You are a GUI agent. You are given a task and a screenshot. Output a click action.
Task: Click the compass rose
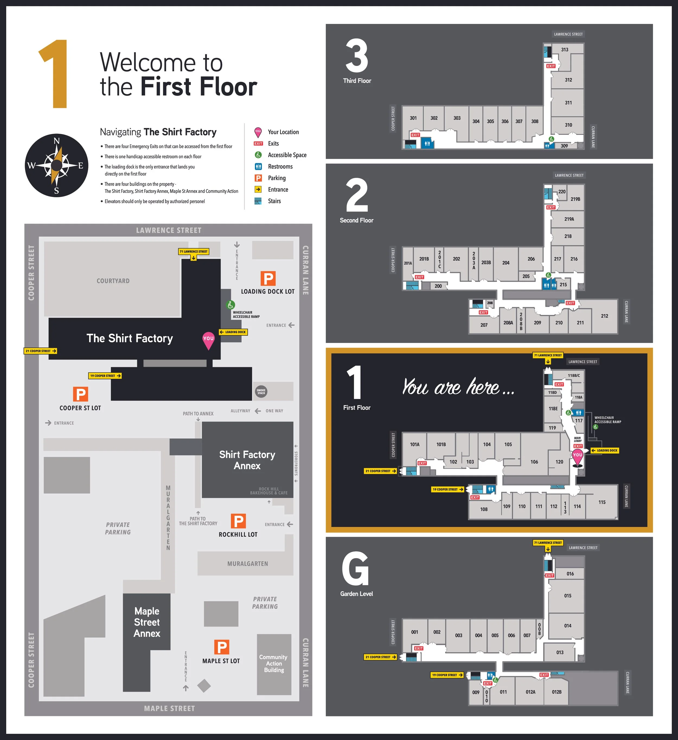coord(56,166)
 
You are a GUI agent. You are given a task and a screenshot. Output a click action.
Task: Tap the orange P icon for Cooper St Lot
coord(80,394)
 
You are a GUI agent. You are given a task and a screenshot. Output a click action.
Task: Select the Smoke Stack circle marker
coord(261,392)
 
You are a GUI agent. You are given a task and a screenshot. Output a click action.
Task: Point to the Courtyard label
coord(113,281)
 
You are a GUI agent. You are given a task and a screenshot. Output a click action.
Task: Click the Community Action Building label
coord(274,663)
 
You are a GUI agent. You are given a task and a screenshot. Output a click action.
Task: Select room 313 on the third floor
coord(564,50)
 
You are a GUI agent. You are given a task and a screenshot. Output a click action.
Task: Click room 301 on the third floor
coord(413,118)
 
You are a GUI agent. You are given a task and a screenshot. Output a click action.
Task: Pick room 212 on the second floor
coord(604,316)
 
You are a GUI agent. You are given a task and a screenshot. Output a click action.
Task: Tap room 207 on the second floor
coord(484,325)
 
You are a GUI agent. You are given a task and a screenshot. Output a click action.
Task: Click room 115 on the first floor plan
coord(602,502)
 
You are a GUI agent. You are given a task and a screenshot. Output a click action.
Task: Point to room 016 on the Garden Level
coord(570,574)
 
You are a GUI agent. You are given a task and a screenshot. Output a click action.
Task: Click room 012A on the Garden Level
coord(530,692)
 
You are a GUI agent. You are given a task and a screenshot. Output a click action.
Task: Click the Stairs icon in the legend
coord(258,201)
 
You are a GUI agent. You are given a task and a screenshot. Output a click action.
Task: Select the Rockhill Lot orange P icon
coord(238,521)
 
